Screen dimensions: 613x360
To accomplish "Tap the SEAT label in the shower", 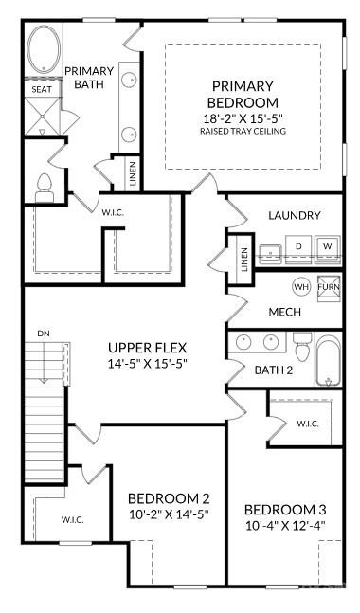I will click(x=42, y=90).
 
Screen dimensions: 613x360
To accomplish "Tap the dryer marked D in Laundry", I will click(x=298, y=247).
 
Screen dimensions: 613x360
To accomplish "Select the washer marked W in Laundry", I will click(x=327, y=247).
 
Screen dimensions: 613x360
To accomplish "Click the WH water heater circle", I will click(x=301, y=286).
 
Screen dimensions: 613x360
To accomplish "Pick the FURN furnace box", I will click(x=328, y=286).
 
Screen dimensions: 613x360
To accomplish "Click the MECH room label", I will click(x=284, y=313).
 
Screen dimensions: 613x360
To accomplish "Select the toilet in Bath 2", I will click(x=302, y=350).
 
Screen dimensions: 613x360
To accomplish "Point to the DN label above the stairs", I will click(x=44, y=334).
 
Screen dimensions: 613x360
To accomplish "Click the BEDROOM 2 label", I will click(x=169, y=498).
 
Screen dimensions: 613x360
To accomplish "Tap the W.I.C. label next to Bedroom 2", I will click(x=73, y=519).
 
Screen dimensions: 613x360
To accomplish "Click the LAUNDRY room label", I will click(x=294, y=215).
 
